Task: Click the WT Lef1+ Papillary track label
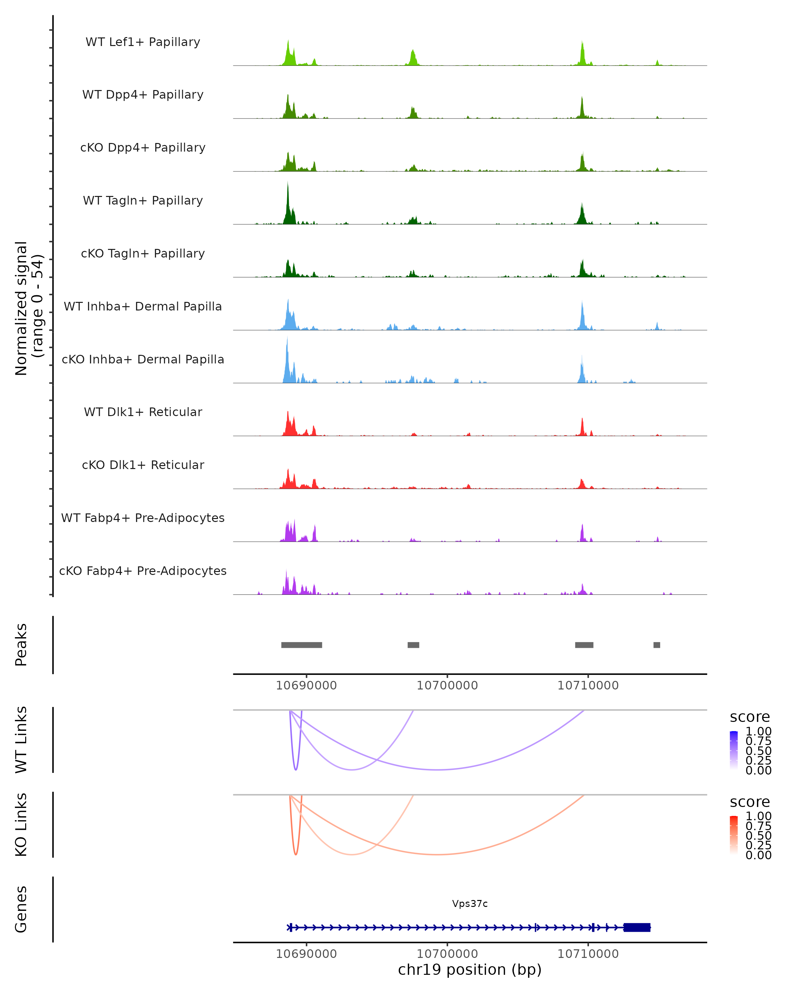coord(143,42)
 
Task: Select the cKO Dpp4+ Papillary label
coord(143,148)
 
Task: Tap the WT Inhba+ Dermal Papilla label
coord(143,307)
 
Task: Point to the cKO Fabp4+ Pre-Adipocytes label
coord(143,571)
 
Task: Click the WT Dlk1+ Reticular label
coord(143,412)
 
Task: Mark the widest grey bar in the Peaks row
coord(301,645)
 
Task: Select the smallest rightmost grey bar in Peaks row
coord(657,645)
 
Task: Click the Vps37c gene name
coord(470,904)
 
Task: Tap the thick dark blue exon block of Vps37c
coord(637,927)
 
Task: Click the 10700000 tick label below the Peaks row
coord(447,686)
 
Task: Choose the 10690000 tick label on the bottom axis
coord(306,954)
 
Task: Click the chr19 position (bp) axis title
coord(470,970)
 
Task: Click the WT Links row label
coord(21,740)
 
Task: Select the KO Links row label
coord(21,825)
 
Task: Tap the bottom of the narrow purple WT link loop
coord(296,769)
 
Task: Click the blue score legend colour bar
coord(734,750)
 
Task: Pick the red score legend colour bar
coord(734,835)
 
